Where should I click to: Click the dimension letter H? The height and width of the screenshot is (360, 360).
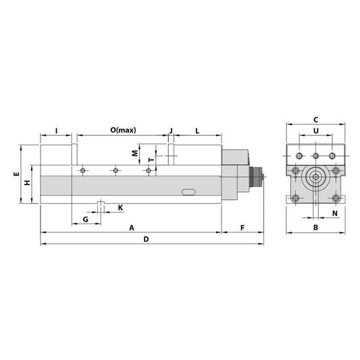coord(27,183)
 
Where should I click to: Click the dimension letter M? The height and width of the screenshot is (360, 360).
coord(134,153)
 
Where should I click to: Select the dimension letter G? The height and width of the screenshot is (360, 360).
coord(86,220)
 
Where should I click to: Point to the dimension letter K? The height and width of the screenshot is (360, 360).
coord(120,207)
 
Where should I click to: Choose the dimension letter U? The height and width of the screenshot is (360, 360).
coord(316,130)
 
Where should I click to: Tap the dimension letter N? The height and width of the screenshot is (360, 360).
coord(335,213)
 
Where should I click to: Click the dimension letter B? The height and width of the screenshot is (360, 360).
coord(315,228)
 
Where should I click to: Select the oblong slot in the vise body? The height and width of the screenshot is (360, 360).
coord(189,193)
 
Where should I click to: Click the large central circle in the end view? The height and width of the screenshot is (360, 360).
coord(315,179)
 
